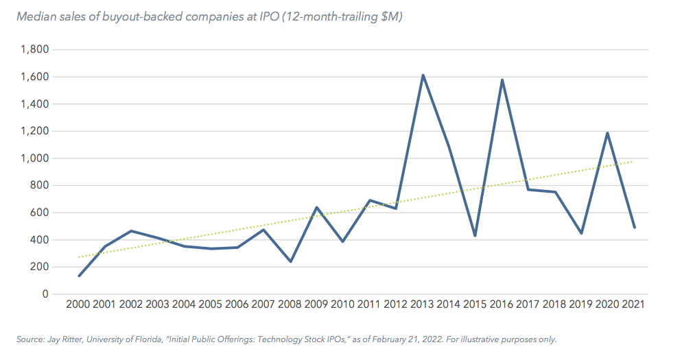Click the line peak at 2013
click(423, 75)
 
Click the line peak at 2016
click(503, 80)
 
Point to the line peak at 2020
click(607, 133)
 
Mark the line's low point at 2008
click(290, 261)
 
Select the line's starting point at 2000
click(80, 276)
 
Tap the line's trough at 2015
click(475, 236)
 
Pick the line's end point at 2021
click(634, 228)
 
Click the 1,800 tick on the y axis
click(34, 49)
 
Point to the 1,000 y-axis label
click(34, 158)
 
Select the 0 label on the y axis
click(45, 294)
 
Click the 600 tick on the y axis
click(38, 213)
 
